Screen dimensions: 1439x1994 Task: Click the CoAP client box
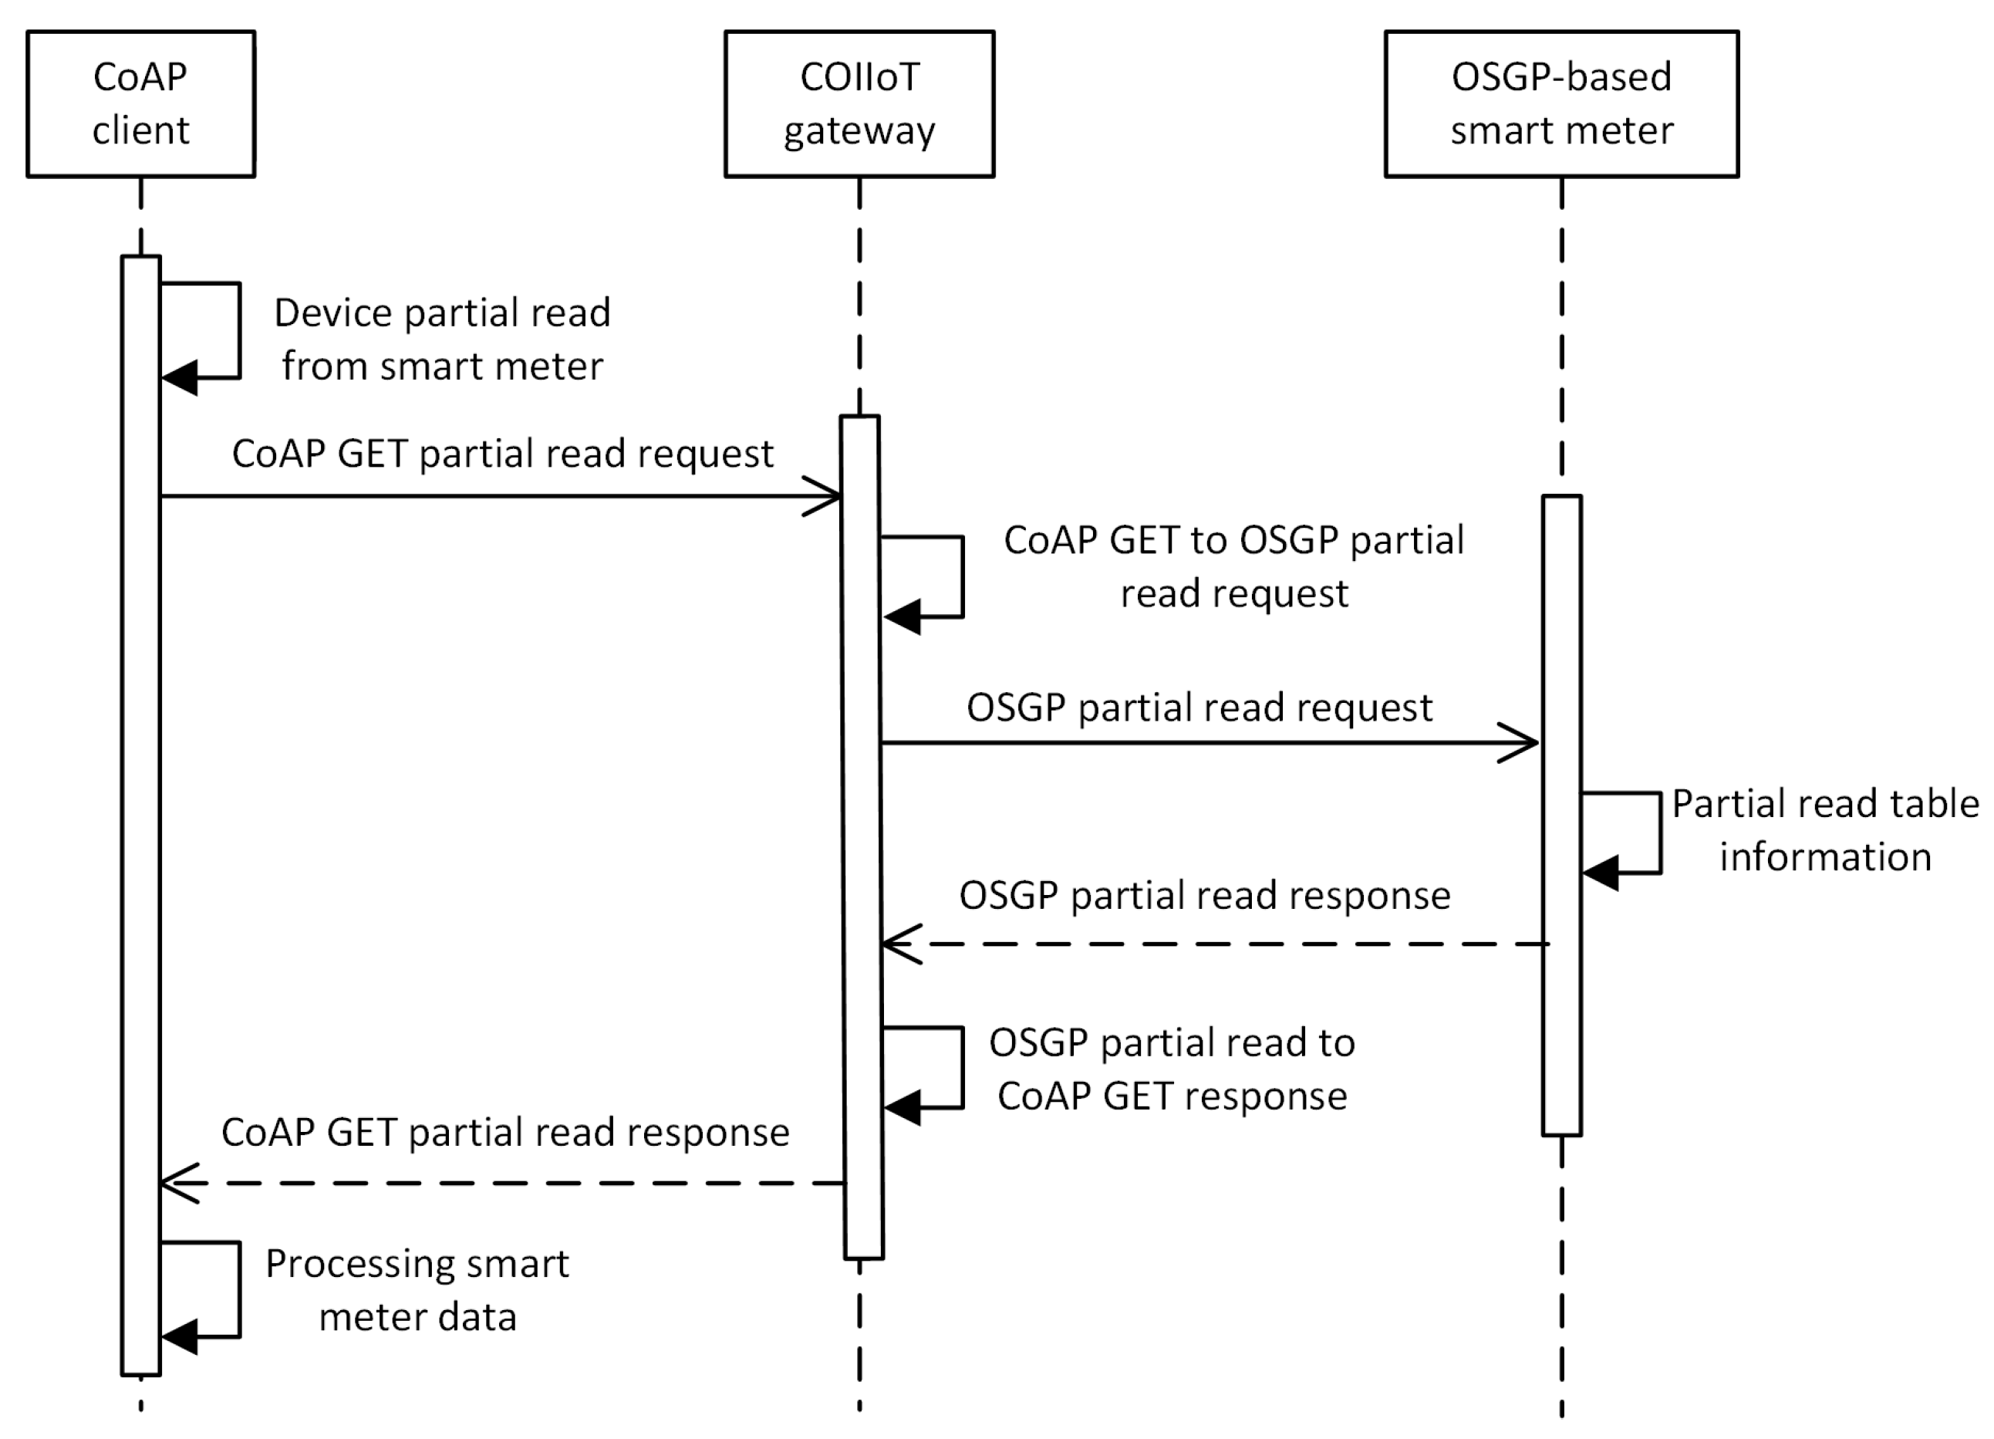click(x=140, y=104)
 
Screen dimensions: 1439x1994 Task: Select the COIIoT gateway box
click(x=859, y=104)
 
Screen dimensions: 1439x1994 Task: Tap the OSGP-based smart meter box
click(x=1560, y=104)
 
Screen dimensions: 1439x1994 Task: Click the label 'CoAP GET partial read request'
click(x=502, y=454)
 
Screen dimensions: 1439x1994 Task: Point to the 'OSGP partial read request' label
click(x=1199, y=708)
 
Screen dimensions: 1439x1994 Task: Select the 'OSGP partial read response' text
click(x=1204, y=895)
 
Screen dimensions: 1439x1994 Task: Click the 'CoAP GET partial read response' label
click(x=504, y=1132)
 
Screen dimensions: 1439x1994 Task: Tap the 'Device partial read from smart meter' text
click(x=442, y=339)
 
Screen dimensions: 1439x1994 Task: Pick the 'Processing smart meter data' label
click(x=417, y=1289)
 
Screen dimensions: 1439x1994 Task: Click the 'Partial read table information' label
click(x=1825, y=829)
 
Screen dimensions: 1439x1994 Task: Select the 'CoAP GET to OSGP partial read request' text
click(x=1233, y=566)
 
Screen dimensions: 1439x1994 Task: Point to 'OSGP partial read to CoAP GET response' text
click(x=1172, y=1069)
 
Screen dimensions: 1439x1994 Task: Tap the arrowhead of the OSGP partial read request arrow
click(x=1521, y=743)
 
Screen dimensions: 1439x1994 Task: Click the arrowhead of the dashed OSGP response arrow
click(x=899, y=944)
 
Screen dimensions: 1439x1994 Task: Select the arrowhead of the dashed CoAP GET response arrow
click(x=178, y=1183)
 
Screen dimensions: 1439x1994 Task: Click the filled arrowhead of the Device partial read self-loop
click(x=181, y=378)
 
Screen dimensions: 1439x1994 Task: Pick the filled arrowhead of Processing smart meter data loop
click(x=181, y=1337)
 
